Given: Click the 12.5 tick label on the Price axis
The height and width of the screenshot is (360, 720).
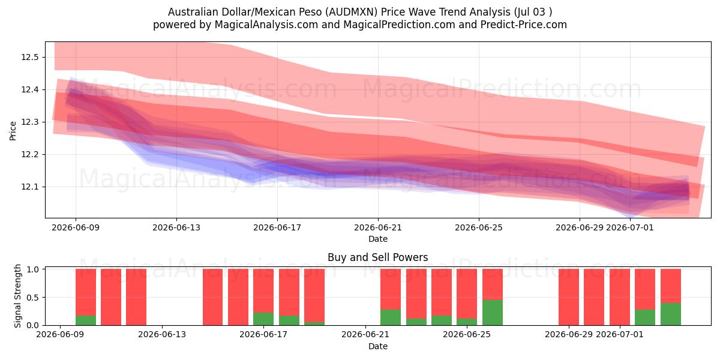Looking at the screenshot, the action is point(29,57).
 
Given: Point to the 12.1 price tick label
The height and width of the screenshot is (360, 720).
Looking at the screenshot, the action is point(29,187).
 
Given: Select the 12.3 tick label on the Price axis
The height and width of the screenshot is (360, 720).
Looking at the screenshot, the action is point(29,122).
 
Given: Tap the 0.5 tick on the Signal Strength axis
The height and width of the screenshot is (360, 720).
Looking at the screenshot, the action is point(33,298).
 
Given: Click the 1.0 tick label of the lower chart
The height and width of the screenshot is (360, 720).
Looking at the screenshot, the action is point(33,269).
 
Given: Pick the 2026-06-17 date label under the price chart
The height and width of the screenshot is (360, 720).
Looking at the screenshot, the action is point(277,227).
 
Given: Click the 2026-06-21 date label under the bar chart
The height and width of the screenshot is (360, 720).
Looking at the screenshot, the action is point(365,334).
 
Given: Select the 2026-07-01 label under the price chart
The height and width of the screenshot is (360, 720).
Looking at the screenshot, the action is point(629,227).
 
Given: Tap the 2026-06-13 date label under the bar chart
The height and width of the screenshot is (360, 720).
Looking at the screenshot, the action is point(162,334).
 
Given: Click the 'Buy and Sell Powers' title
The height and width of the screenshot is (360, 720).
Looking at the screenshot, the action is point(377,257).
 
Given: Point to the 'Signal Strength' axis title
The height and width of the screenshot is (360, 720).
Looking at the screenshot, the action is point(17,296).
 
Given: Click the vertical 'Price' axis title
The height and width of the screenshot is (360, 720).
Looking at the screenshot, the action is point(13,131).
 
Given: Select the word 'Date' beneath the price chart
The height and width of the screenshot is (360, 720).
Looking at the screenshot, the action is point(377,239).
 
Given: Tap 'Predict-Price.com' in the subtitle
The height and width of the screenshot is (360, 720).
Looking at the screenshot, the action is point(524,25).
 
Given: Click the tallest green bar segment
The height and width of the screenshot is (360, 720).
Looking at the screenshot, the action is point(493,313).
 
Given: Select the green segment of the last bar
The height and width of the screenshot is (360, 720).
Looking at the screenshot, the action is point(671,314).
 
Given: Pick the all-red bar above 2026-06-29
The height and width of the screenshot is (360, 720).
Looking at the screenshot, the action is point(569,297).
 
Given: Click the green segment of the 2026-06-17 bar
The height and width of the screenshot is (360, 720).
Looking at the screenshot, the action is point(263,319).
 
